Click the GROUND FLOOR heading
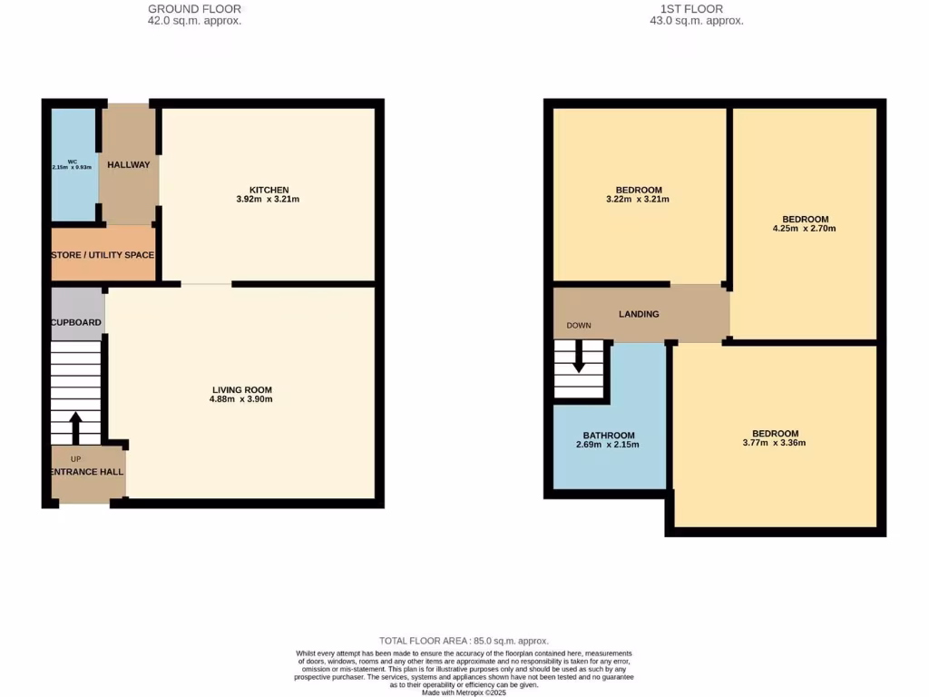195,9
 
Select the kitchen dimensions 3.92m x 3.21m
269,199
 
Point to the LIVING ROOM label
241,389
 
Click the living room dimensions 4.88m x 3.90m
241,399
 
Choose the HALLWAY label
129,165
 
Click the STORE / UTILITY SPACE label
103,255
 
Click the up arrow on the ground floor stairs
75,427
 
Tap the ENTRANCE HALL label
87,472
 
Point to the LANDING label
639,314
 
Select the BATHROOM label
608,436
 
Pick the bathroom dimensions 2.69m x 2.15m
608,446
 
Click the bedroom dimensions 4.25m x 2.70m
805,229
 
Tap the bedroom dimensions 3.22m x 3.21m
639,200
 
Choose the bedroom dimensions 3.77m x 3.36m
775,443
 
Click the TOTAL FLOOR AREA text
464,641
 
